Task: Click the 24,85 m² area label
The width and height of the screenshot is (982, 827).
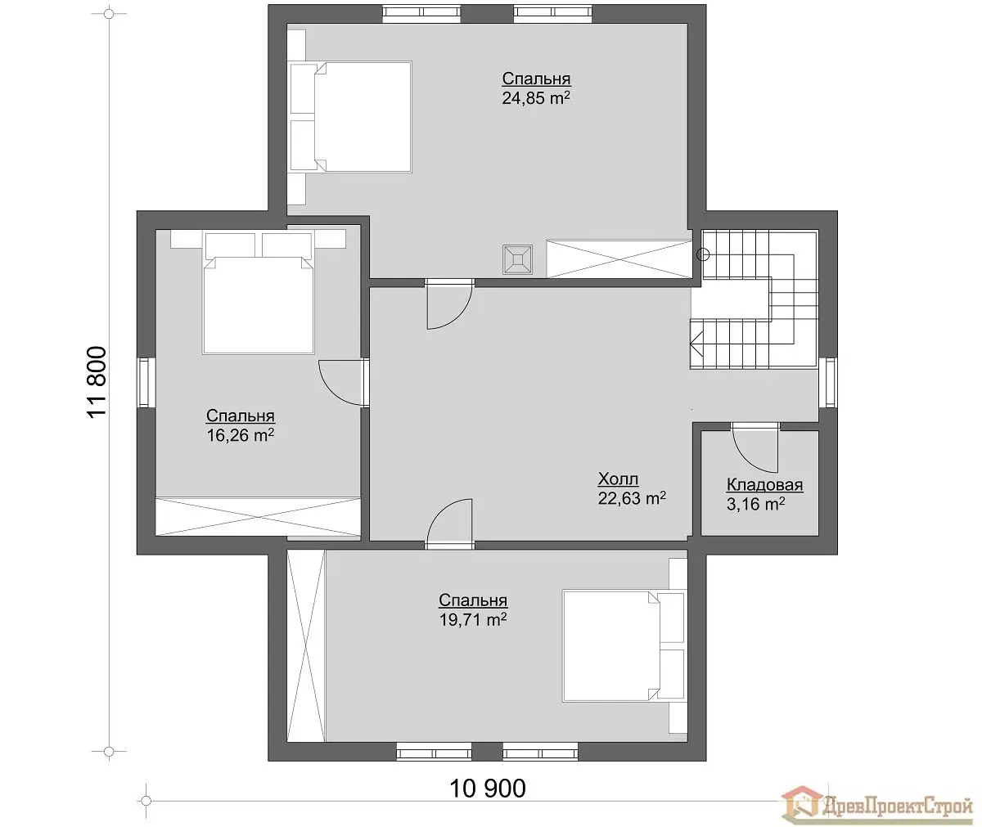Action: (536, 98)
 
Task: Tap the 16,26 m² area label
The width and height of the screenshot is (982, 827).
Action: (241, 435)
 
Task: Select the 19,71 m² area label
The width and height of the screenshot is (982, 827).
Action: (473, 620)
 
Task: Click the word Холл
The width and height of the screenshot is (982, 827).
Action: (618, 479)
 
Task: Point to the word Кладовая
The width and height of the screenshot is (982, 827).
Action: (764, 485)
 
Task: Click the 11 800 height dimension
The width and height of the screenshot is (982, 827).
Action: (97, 382)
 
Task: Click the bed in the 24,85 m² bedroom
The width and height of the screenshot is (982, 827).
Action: (351, 117)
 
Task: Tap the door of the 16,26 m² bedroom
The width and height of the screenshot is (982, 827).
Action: (343, 383)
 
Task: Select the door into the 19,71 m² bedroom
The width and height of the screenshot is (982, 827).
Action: (449, 524)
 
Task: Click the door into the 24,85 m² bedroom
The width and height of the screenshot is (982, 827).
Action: (449, 304)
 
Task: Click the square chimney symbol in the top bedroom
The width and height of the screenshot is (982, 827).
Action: (517, 259)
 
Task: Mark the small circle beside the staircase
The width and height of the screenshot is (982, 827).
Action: (703, 255)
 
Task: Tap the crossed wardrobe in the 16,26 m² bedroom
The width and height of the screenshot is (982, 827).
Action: (259, 516)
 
